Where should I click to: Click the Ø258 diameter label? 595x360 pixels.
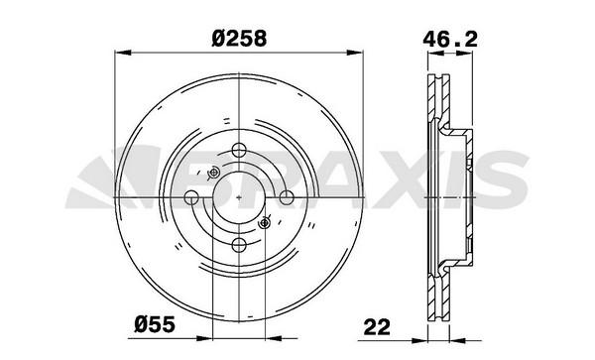(x=239, y=38)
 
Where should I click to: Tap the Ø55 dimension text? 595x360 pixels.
(x=155, y=324)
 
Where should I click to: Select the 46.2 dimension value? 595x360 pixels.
(x=450, y=39)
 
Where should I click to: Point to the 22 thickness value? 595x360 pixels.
(x=377, y=327)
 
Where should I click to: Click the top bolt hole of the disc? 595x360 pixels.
(x=239, y=150)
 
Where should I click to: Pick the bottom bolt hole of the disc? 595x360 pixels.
(x=239, y=245)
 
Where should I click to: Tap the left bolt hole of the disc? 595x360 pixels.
(x=191, y=197)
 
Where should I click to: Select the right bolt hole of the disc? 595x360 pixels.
(x=287, y=197)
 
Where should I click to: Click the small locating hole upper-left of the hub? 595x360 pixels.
(x=213, y=173)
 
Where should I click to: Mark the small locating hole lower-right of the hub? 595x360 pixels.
(x=264, y=223)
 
